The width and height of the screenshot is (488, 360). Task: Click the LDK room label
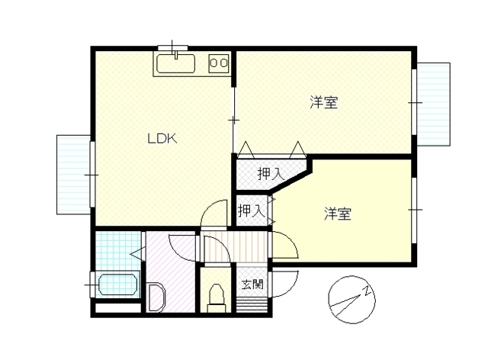pyautogui.click(x=162, y=139)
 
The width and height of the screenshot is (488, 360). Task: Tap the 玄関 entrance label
pyautogui.click(x=252, y=284)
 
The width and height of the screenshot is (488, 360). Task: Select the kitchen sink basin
pyautogui.click(x=176, y=63)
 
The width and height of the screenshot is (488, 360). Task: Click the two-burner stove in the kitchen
pyautogui.click(x=219, y=63)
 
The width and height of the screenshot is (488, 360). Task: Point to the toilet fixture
pyautogui.click(x=217, y=297)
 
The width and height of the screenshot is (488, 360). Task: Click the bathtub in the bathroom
pyautogui.click(x=118, y=285)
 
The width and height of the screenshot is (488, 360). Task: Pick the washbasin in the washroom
pyautogui.click(x=156, y=297)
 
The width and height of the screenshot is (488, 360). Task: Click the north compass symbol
pyautogui.click(x=352, y=300)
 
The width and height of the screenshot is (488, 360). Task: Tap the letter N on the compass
pyautogui.click(x=368, y=291)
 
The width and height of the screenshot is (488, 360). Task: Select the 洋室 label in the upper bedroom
pyautogui.click(x=323, y=102)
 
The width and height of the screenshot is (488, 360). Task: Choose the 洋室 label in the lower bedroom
pyautogui.click(x=338, y=214)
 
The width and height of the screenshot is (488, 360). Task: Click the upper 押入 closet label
pyautogui.click(x=271, y=174)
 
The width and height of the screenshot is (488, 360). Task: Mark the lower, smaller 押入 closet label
pyautogui.click(x=252, y=211)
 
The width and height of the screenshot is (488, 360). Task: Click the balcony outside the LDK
pyautogui.click(x=74, y=175)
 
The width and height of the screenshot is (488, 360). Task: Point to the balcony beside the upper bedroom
pyautogui.click(x=433, y=104)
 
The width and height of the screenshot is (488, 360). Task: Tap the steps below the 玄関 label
pyautogui.click(x=252, y=305)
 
